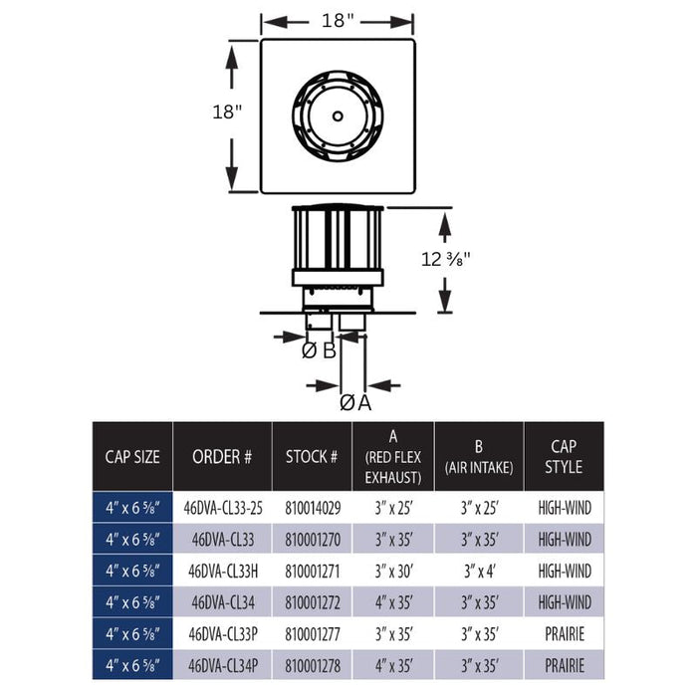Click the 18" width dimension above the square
[338, 20]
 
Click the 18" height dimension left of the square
[226, 112]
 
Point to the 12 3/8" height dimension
[445, 259]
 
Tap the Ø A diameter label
[354, 402]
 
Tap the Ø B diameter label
[319, 349]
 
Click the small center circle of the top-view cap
[338, 116]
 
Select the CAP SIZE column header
[132, 456]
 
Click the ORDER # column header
[222, 456]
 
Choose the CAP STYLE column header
[564, 456]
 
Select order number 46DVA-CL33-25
[222, 507]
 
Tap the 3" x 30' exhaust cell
[392, 571]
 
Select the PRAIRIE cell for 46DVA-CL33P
[564, 634]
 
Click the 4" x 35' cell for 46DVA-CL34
[392, 602]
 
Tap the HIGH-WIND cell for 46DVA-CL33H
[564, 571]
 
